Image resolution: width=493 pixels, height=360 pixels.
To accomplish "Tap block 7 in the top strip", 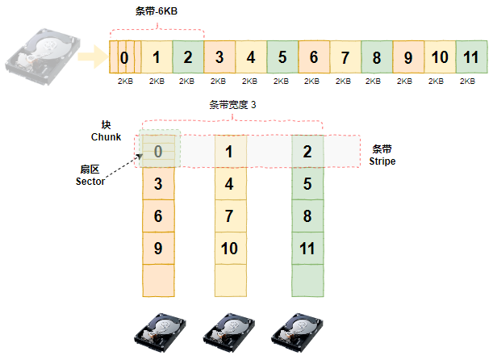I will coord(345,57).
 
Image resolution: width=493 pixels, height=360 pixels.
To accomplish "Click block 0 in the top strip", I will coord(123,57).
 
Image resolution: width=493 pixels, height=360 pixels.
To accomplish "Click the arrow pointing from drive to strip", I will coord(95,57).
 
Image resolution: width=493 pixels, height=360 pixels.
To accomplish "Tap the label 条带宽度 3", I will coord(233,105).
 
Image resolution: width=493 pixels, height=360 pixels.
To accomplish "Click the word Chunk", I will coord(106,137).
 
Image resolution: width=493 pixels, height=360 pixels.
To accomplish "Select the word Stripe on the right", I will coord(383,161).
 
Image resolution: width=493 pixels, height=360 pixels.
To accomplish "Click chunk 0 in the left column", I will coord(158,151).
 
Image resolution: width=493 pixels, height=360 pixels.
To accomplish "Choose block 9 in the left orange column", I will coord(158,248).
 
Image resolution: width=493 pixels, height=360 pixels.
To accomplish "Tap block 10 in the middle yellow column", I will coord(229,248).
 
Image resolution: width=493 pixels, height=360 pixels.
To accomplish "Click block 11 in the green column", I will coord(307,248).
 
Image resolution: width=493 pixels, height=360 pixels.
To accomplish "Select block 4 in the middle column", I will coord(229,183).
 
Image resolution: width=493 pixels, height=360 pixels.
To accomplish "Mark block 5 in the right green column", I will coord(307,183).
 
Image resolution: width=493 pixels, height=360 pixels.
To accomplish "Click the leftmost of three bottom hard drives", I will coord(159,332).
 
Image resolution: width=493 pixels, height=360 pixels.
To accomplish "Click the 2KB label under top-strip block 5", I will coord(282,81).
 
